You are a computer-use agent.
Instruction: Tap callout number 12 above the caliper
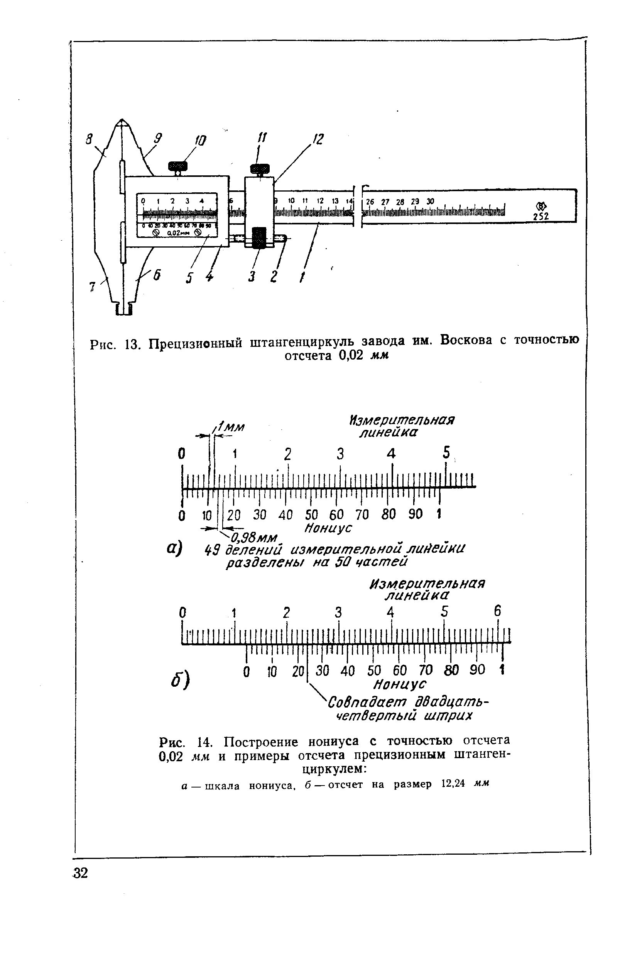click(x=318, y=140)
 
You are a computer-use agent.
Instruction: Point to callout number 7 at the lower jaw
click(x=92, y=287)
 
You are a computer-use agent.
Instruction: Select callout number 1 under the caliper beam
click(x=302, y=278)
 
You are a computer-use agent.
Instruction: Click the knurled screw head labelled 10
click(x=178, y=166)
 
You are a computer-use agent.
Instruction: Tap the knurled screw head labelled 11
click(x=260, y=168)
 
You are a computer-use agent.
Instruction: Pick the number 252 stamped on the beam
click(x=541, y=216)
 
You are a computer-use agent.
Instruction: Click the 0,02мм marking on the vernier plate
click(x=176, y=233)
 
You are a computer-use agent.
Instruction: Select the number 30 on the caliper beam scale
click(x=430, y=202)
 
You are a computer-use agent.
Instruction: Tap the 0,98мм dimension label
click(x=254, y=537)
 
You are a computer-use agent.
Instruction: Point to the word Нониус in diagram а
click(x=328, y=528)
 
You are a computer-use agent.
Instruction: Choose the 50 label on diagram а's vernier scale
click(x=311, y=515)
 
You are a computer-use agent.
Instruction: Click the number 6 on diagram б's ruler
click(x=497, y=611)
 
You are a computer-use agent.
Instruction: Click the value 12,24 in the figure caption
click(x=453, y=784)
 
